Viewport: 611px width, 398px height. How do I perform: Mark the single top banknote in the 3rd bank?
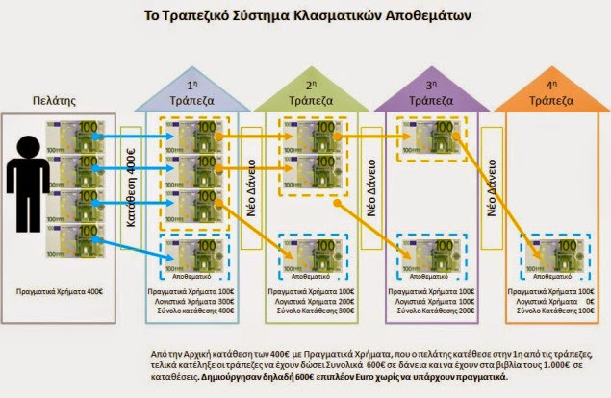[426, 138]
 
